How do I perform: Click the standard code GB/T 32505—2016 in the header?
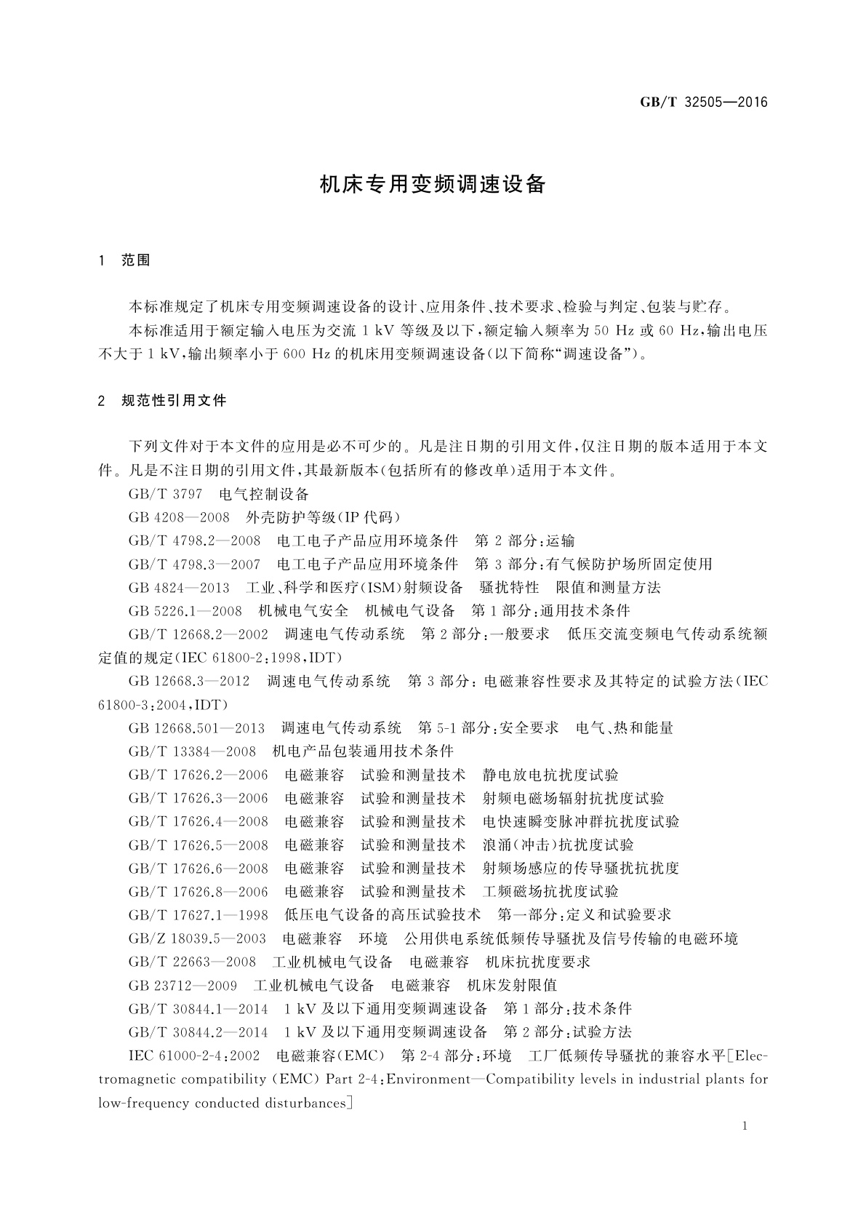point(703,102)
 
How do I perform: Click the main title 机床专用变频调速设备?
point(433,184)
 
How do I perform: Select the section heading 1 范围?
point(124,260)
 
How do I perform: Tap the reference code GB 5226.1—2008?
point(185,611)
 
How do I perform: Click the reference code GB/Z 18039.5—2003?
point(197,938)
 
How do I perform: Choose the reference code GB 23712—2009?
point(183,986)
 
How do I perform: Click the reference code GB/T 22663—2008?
point(192,962)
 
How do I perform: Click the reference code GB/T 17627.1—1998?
point(198,915)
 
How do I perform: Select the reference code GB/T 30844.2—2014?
point(198,1032)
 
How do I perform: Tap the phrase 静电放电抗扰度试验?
point(550,775)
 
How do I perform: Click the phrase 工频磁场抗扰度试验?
point(550,892)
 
